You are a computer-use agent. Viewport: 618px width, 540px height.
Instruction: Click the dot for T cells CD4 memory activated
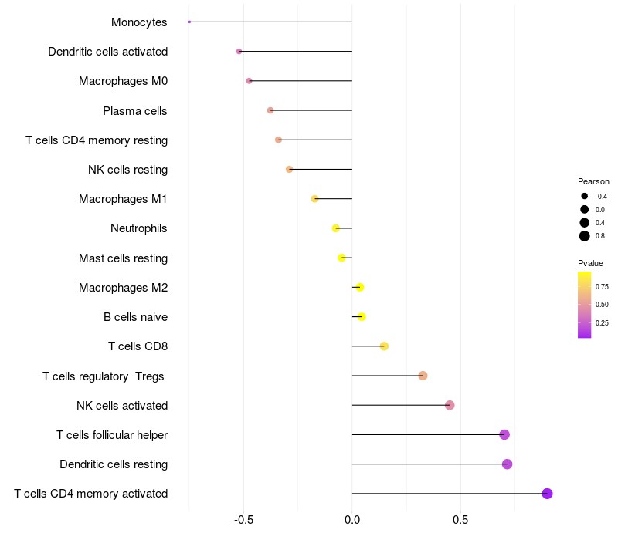tap(547, 494)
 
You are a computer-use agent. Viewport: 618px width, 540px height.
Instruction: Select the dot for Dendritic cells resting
tap(507, 464)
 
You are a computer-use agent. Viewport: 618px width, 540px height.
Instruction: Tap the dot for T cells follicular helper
tap(504, 435)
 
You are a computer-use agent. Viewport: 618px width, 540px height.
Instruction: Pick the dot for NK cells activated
tap(450, 405)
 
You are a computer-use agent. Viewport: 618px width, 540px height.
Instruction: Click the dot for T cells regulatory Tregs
tap(423, 376)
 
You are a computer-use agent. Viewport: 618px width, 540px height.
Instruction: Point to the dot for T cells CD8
tap(384, 346)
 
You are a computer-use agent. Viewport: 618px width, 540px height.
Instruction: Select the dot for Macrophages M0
tap(249, 81)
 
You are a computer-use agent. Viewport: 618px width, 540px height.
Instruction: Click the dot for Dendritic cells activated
tap(239, 51)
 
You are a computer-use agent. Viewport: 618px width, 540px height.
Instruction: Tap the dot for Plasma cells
tap(270, 110)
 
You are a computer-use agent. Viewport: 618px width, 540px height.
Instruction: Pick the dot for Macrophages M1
tap(314, 199)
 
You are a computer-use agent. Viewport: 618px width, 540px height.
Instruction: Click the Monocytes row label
tap(139, 22)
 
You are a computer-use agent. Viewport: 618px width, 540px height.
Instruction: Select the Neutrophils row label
tap(139, 228)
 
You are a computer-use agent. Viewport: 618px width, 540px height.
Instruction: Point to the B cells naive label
tap(135, 317)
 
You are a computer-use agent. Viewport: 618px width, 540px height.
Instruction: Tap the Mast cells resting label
tap(123, 258)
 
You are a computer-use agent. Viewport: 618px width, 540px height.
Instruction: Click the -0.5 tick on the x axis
tap(243, 520)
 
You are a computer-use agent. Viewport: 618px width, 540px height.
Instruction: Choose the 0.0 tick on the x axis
tap(351, 520)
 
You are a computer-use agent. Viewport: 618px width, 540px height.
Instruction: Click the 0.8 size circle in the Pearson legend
tap(585, 236)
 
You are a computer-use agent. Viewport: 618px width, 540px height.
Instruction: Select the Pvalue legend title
tap(590, 263)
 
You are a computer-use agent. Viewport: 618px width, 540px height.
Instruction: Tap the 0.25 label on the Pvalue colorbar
tap(602, 323)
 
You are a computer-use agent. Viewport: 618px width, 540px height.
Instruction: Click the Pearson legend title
tap(593, 181)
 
